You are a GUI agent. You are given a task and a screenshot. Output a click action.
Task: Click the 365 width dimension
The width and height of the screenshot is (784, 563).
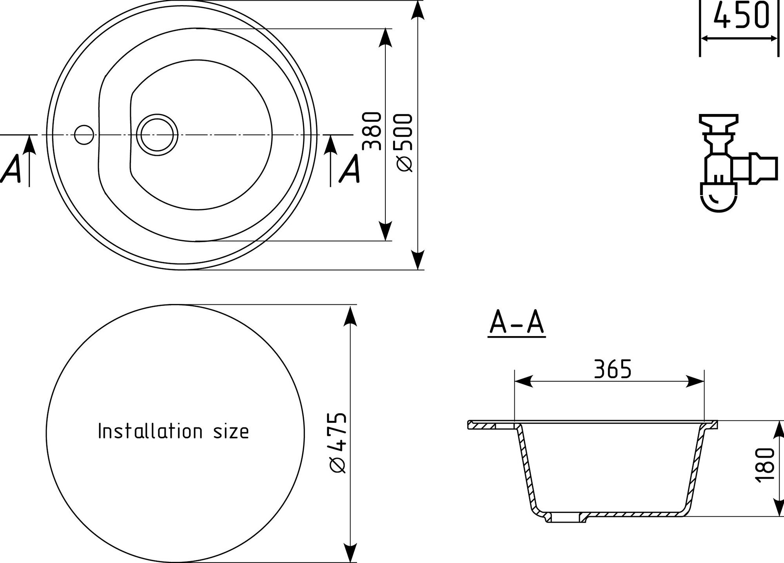tap(613, 369)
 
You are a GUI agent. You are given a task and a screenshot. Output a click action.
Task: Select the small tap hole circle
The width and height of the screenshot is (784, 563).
tap(84, 135)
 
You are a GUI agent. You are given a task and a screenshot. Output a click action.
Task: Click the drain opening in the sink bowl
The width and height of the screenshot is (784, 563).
tap(157, 134)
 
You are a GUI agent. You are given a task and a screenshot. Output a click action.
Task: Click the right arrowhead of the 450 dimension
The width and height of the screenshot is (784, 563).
tap(773, 38)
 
